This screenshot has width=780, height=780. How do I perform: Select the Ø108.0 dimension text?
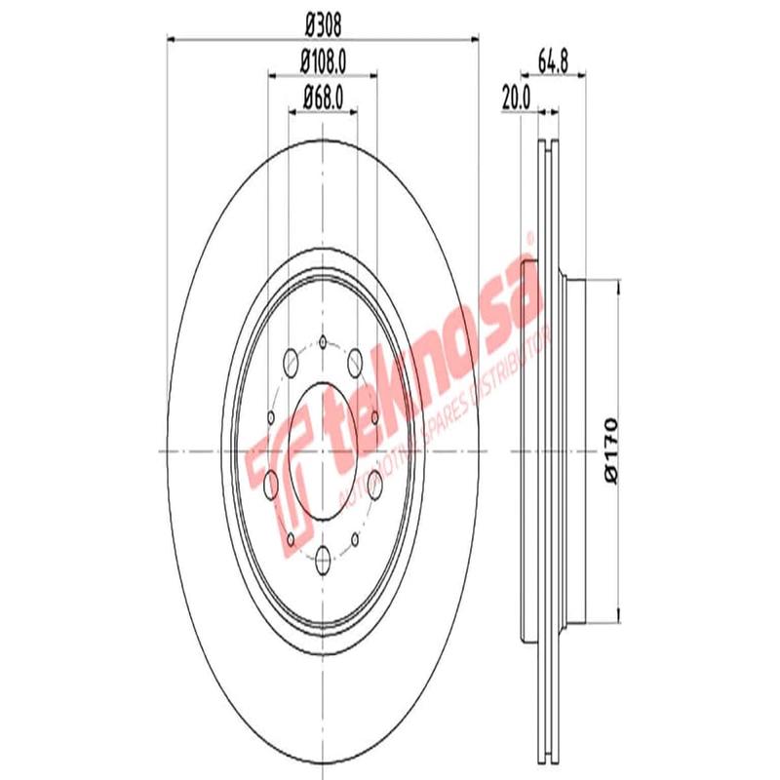(x=324, y=61)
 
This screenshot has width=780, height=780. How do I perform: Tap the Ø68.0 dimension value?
(x=324, y=97)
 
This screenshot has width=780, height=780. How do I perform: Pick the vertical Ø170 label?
(x=611, y=448)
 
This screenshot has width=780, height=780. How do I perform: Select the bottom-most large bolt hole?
(x=323, y=558)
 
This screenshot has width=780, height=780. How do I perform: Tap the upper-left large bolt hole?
(x=290, y=364)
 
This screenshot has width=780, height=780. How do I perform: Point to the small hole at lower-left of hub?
(x=290, y=537)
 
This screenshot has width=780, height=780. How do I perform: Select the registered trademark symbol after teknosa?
(x=530, y=238)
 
